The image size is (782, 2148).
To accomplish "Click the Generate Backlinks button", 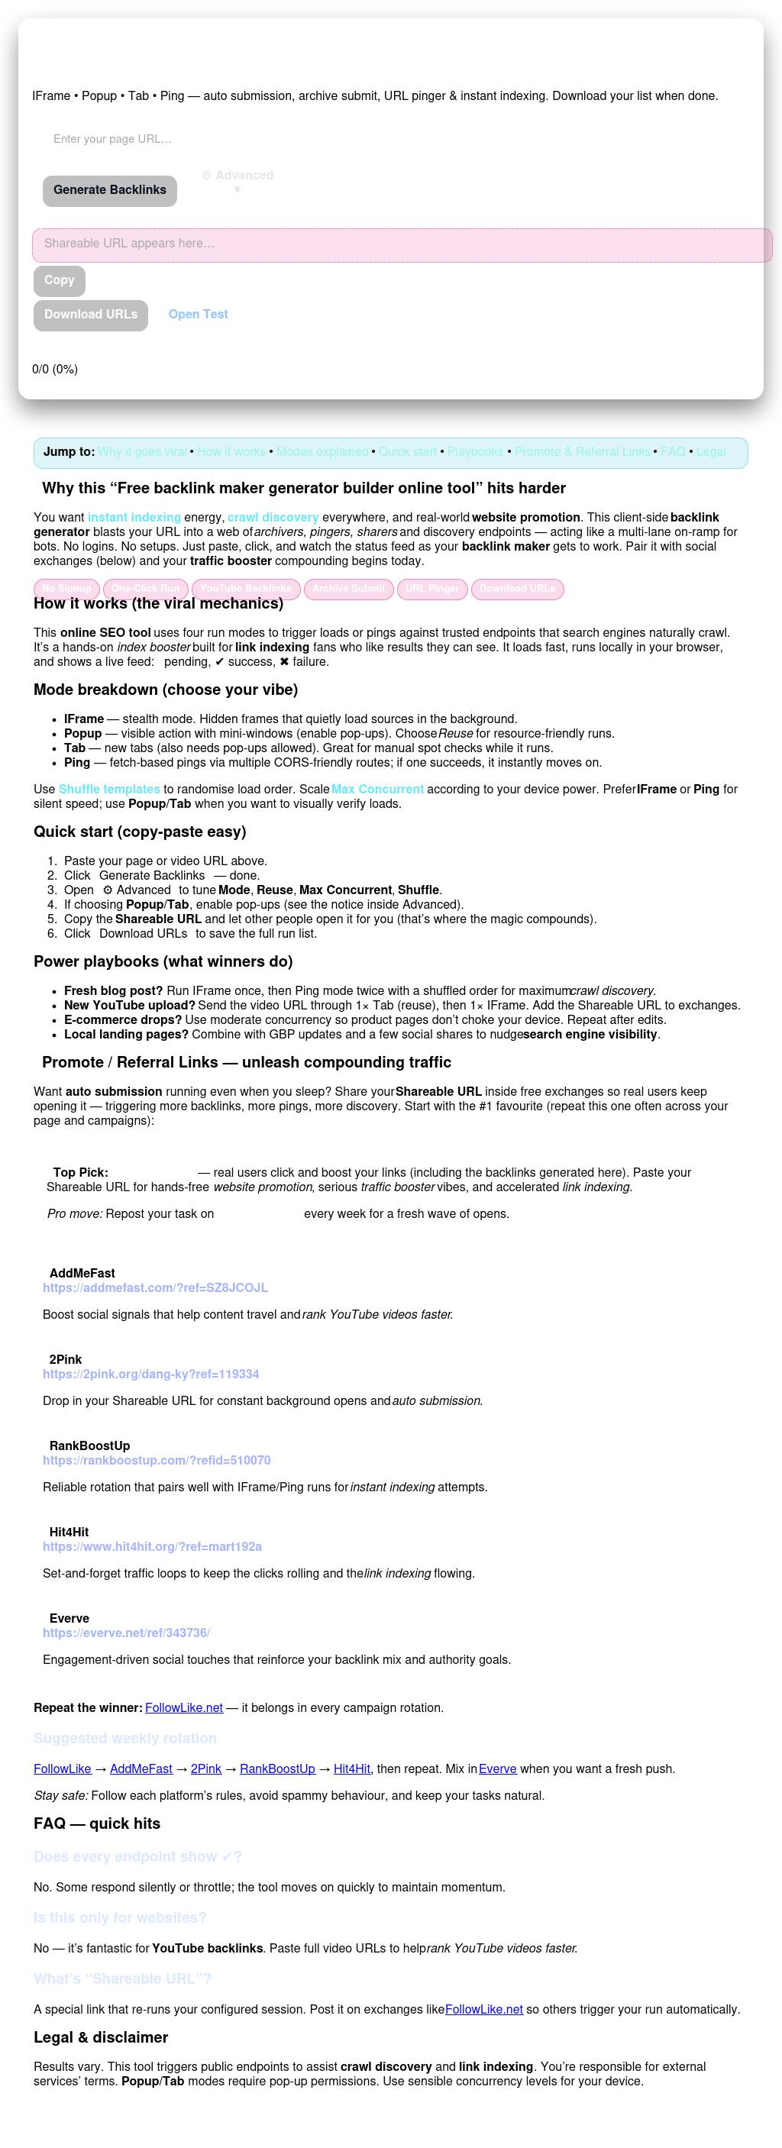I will [110, 190].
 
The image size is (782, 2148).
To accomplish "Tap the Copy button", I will [60, 280].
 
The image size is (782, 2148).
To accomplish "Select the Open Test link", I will [198, 315].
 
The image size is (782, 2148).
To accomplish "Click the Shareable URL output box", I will [402, 244].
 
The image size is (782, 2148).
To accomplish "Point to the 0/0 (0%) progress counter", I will [55, 370].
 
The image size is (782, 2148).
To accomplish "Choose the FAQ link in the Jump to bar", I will [673, 452].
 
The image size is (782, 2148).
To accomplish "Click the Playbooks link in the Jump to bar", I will [475, 452].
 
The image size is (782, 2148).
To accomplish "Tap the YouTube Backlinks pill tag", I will [245, 589].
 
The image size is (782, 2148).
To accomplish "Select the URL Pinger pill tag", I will [431, 589].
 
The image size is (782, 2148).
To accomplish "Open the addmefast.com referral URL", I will [155, 1287].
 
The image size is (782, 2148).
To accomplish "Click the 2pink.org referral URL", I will [151, 1374].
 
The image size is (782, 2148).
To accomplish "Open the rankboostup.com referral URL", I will [157, 1460].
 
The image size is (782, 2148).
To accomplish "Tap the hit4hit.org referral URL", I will [153, 1547].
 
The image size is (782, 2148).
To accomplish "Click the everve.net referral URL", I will [126, 1633].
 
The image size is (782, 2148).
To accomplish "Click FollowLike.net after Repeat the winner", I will [183, 1707].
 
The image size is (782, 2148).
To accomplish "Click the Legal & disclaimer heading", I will [101, 2037].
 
